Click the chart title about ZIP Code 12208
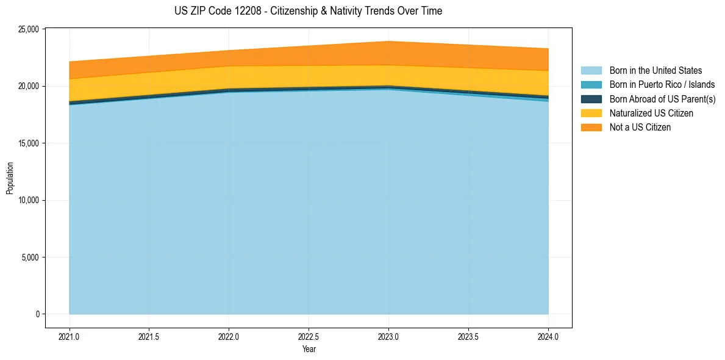[x=308, y=11]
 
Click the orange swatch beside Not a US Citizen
[x=591, y=128]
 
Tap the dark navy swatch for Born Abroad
[x=591, y=99]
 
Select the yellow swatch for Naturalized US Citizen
[x=591, y=113]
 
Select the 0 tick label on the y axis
[x=37, y=314]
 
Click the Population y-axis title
[x=10, y=178]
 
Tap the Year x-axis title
[x=309, y=350]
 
